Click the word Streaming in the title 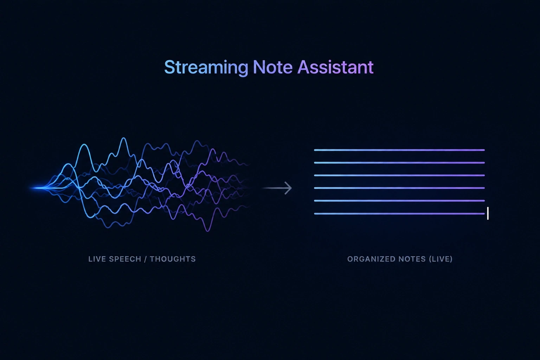(206, 67)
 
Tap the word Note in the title (273, 67)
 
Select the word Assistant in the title (336, 67)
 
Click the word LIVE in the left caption (97, 259)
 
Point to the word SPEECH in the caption (125, 259)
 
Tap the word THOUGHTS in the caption (173, 259)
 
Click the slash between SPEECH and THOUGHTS (145, 259)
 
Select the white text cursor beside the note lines (488, 213)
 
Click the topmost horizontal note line (399, 150)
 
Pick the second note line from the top (399, 163)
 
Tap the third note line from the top (399, 175)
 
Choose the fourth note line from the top (399, 188)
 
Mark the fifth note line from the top (399, 201)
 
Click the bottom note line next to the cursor (399, 214)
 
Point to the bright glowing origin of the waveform (39, 188)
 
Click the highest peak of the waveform (124, 138)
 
